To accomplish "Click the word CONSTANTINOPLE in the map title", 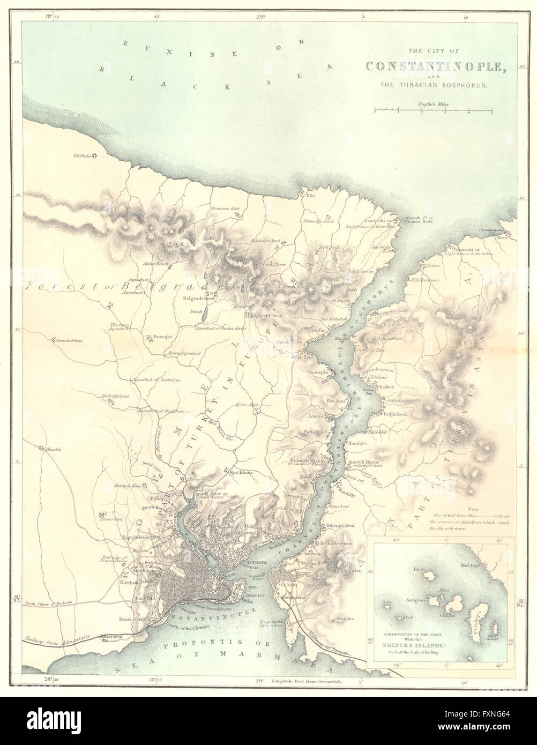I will pos(437,66).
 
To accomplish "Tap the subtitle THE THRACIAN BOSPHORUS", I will pos(437,85).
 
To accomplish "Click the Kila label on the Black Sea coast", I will pos(310,196).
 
